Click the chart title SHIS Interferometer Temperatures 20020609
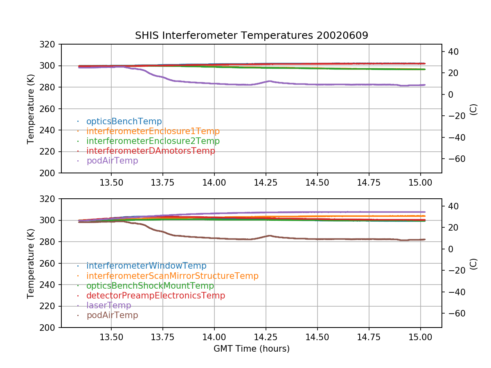251,35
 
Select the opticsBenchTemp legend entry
124,121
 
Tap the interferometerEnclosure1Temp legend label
153,131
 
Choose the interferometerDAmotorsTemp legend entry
151,151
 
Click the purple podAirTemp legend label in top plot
112,161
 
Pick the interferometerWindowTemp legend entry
146,266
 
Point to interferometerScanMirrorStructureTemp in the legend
173,276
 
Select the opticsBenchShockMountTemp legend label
150,286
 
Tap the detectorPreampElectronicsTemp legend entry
156,296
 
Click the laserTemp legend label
109,305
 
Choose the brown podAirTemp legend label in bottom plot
112,315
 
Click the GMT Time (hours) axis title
251,349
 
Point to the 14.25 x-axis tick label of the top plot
266,183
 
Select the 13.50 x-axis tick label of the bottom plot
111,337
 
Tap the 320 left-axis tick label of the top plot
47,45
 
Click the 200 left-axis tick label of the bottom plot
47,328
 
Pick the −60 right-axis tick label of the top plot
457,159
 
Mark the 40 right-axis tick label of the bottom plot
453,206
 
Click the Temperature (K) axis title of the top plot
30,109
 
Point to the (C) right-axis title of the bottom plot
473,264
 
